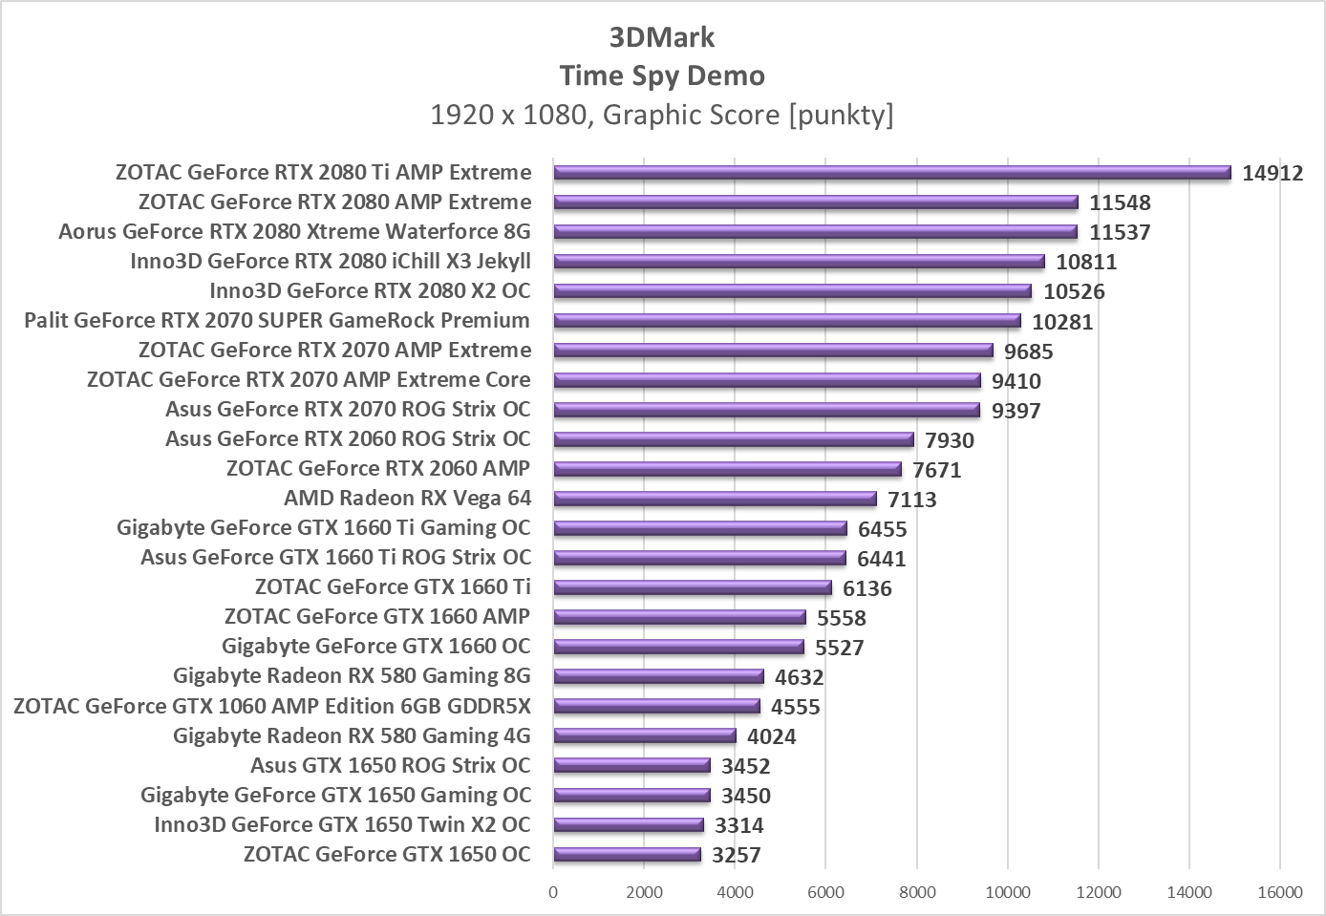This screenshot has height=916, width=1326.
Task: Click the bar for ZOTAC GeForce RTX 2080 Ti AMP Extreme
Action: [891, 173]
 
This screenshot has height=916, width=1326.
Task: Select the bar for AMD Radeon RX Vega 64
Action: [715, 499]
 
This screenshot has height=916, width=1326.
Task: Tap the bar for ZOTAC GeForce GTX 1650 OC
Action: [627, 855]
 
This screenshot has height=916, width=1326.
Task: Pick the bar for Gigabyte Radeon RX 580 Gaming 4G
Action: [645, 735]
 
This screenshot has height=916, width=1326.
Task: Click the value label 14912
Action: [1273, 173]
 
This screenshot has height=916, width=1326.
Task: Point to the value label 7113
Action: [911, 500]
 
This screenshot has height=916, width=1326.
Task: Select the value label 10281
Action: [1062, 322]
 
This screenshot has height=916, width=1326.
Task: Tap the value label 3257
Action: [736, 855]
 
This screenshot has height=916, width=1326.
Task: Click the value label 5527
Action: [839, 648]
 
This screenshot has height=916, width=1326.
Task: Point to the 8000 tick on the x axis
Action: [917, 892]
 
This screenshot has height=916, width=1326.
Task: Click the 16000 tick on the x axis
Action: [1279, 892]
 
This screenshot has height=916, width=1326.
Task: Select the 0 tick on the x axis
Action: [553, 892]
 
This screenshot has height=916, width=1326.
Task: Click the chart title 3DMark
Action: [662, 37]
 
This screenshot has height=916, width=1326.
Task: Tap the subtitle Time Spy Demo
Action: [662, 75]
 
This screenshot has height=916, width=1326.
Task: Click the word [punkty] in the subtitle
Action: [841, 115]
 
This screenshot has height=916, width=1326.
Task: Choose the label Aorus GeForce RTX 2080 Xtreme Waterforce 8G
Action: [294, 232]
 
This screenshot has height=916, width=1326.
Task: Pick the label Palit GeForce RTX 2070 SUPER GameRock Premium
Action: [277, 320]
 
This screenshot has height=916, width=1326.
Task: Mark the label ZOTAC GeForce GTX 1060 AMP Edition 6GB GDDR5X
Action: [272, 706]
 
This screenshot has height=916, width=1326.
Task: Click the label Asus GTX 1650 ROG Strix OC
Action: [390, 765]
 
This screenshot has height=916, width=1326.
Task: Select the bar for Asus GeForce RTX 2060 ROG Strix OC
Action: [733, 439]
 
